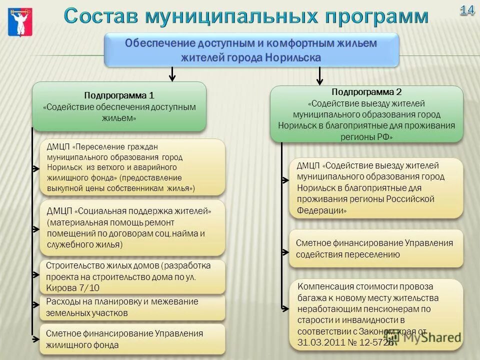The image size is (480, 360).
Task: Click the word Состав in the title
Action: click(101, 16)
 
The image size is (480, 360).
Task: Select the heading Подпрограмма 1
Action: click(119, 95)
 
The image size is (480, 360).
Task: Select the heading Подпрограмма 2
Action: click(366, 92)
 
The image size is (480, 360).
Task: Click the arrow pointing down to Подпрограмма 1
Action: click(172, 74)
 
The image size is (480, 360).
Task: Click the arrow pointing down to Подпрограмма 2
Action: click(320, 76)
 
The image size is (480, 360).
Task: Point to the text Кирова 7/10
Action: click(73, 287)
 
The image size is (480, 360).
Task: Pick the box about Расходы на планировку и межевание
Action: click(132, 307)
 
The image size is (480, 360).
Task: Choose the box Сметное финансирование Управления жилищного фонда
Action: click(132, 338)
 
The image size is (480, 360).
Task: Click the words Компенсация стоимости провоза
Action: click(365, 287)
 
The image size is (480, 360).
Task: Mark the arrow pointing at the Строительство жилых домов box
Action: click(35, 274)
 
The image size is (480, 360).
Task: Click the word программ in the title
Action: click(376, 16)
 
